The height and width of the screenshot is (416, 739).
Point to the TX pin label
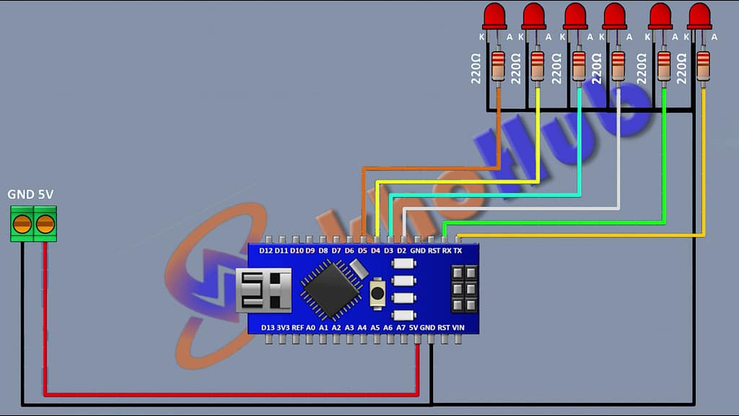click(457, 251)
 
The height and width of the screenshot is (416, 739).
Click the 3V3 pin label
click(283, 328)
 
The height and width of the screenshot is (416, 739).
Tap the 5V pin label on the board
click(414, 328)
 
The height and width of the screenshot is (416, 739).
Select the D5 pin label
click(362, 251)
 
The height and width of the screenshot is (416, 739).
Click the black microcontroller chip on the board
click(332, 289)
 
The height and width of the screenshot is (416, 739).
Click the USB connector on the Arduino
click(263, 290)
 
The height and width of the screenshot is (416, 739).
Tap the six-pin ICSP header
click(463, 289)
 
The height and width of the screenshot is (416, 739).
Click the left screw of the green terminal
click(22, 224)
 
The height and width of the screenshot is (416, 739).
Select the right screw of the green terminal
click(45, 224)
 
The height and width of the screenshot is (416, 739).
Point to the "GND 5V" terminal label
click(30, 195)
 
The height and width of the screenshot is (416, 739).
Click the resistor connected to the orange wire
click(498, 66)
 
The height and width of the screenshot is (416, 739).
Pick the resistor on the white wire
click(618, 66)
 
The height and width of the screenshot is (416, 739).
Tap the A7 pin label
click(401, 328)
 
